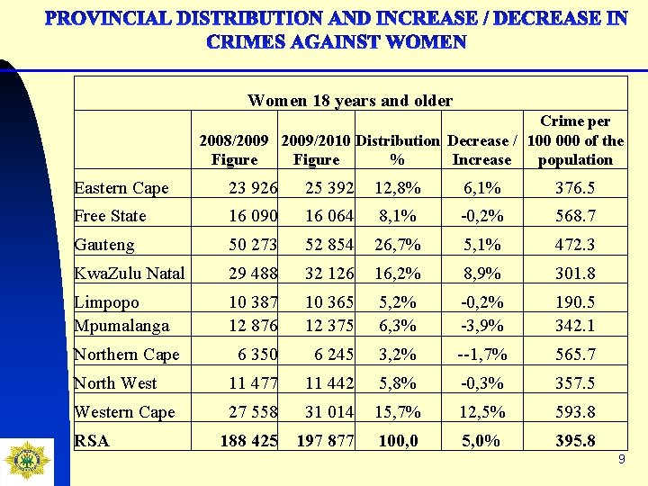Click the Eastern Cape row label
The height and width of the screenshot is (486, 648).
click(x=121, y=188)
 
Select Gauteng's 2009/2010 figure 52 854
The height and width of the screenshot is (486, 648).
click(x=319, y=245)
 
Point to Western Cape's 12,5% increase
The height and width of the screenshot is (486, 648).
click(x=482, y=412)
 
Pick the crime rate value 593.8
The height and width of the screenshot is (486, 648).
click(x=575, y=412)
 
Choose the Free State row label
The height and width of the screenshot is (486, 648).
click(x=110, y=216)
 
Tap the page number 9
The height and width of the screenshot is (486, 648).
click(x=621, y=460)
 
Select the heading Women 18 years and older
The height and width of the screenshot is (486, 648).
click(x=350, y=101)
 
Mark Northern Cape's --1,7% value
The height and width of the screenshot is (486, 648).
click(x=482, y=355)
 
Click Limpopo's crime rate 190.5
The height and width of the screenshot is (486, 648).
click(x=575, y=302)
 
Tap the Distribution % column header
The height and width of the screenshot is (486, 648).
click(x=398, y=150)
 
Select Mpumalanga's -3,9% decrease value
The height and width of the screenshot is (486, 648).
click(x=482, y=325)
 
